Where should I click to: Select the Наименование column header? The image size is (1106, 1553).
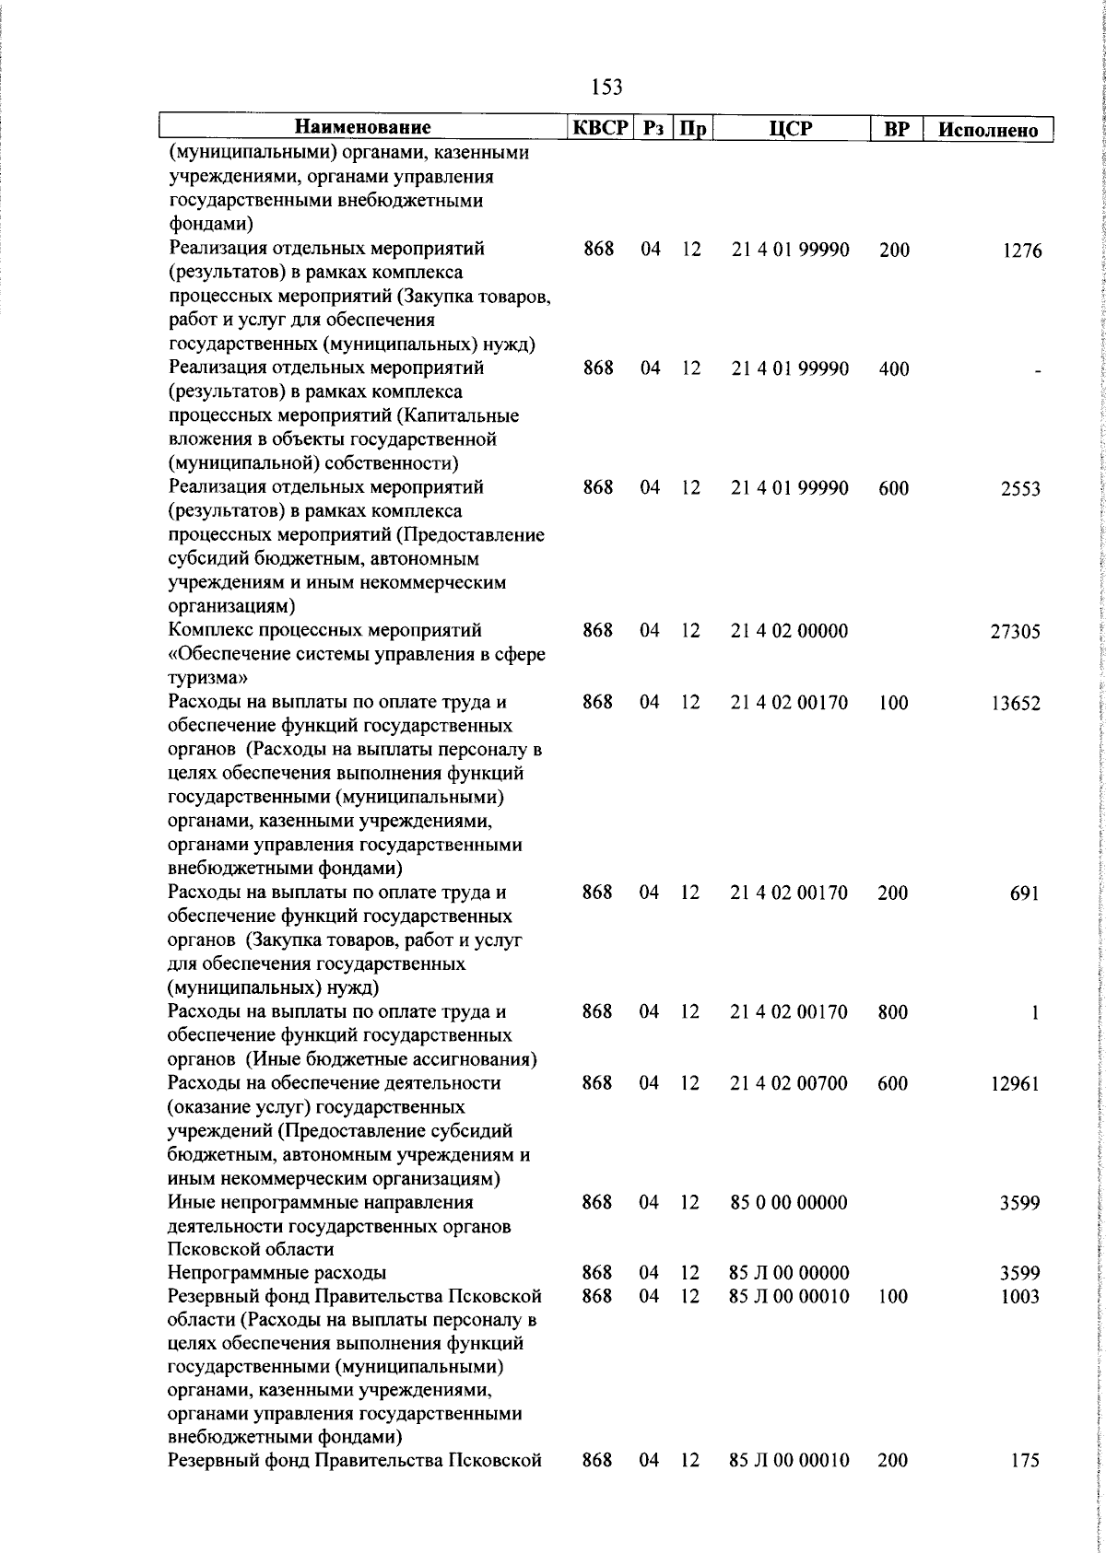click(363, 128)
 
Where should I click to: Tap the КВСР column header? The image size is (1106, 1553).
click(599, 128)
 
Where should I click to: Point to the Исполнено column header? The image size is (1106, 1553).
click(987, 130)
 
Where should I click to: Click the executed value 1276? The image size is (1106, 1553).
click(1022, 251)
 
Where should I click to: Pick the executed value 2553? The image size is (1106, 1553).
click(1021, 489)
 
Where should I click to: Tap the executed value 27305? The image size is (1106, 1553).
click(1015, 632)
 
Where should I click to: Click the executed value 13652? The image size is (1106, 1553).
click(1015, 704)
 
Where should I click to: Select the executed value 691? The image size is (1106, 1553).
click(1025, 893)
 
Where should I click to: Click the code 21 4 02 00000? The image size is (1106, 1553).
click(789, 631)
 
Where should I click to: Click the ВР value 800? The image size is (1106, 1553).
click(893, 1012)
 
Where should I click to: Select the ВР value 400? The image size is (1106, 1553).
click(894, 369)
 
